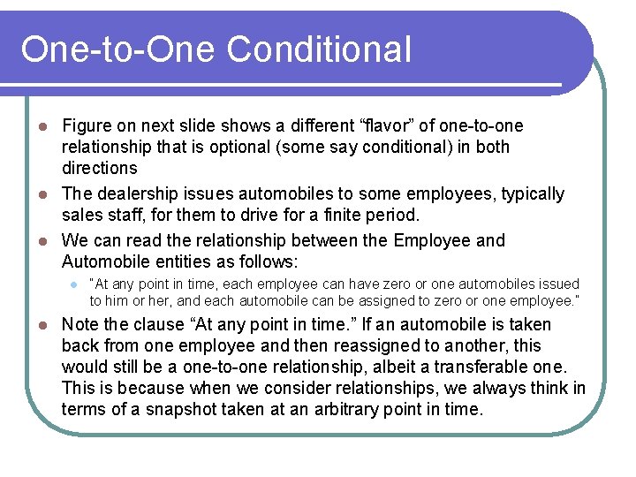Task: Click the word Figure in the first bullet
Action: point(87,126)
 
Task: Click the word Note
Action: point(81,325)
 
